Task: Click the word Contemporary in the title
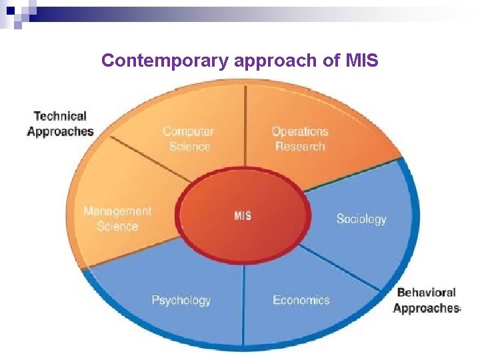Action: tap(165, 61)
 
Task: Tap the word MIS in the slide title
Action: tap(362, 61)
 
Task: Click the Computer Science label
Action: tap(189, 139)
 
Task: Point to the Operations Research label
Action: tap(300, 139)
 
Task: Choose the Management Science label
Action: tap(117, 219)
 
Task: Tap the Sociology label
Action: tap(361, 219)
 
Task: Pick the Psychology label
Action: tap(181, 300)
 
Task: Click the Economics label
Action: tap(301, 300)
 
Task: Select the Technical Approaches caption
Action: tap(60, 124)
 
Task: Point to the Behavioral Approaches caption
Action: tap(426, 300)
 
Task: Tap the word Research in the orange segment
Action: tap(300, 147)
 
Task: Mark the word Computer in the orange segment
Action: tap(189, 131)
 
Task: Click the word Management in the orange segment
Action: tap(117, 211)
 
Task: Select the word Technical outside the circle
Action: tap(60, 117)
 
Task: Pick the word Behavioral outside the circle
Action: tap(426, 292)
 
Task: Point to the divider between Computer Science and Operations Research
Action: tap(246, 127)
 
